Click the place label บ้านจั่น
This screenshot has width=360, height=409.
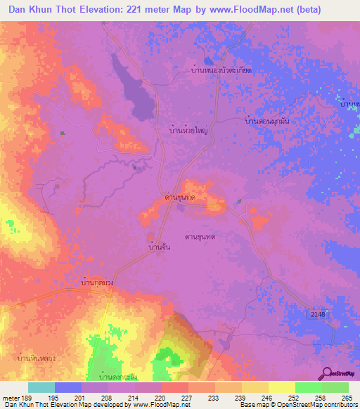click(160, 247)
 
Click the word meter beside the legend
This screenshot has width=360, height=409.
click(10, 397)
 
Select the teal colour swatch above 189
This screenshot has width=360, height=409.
click(41, 387)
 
